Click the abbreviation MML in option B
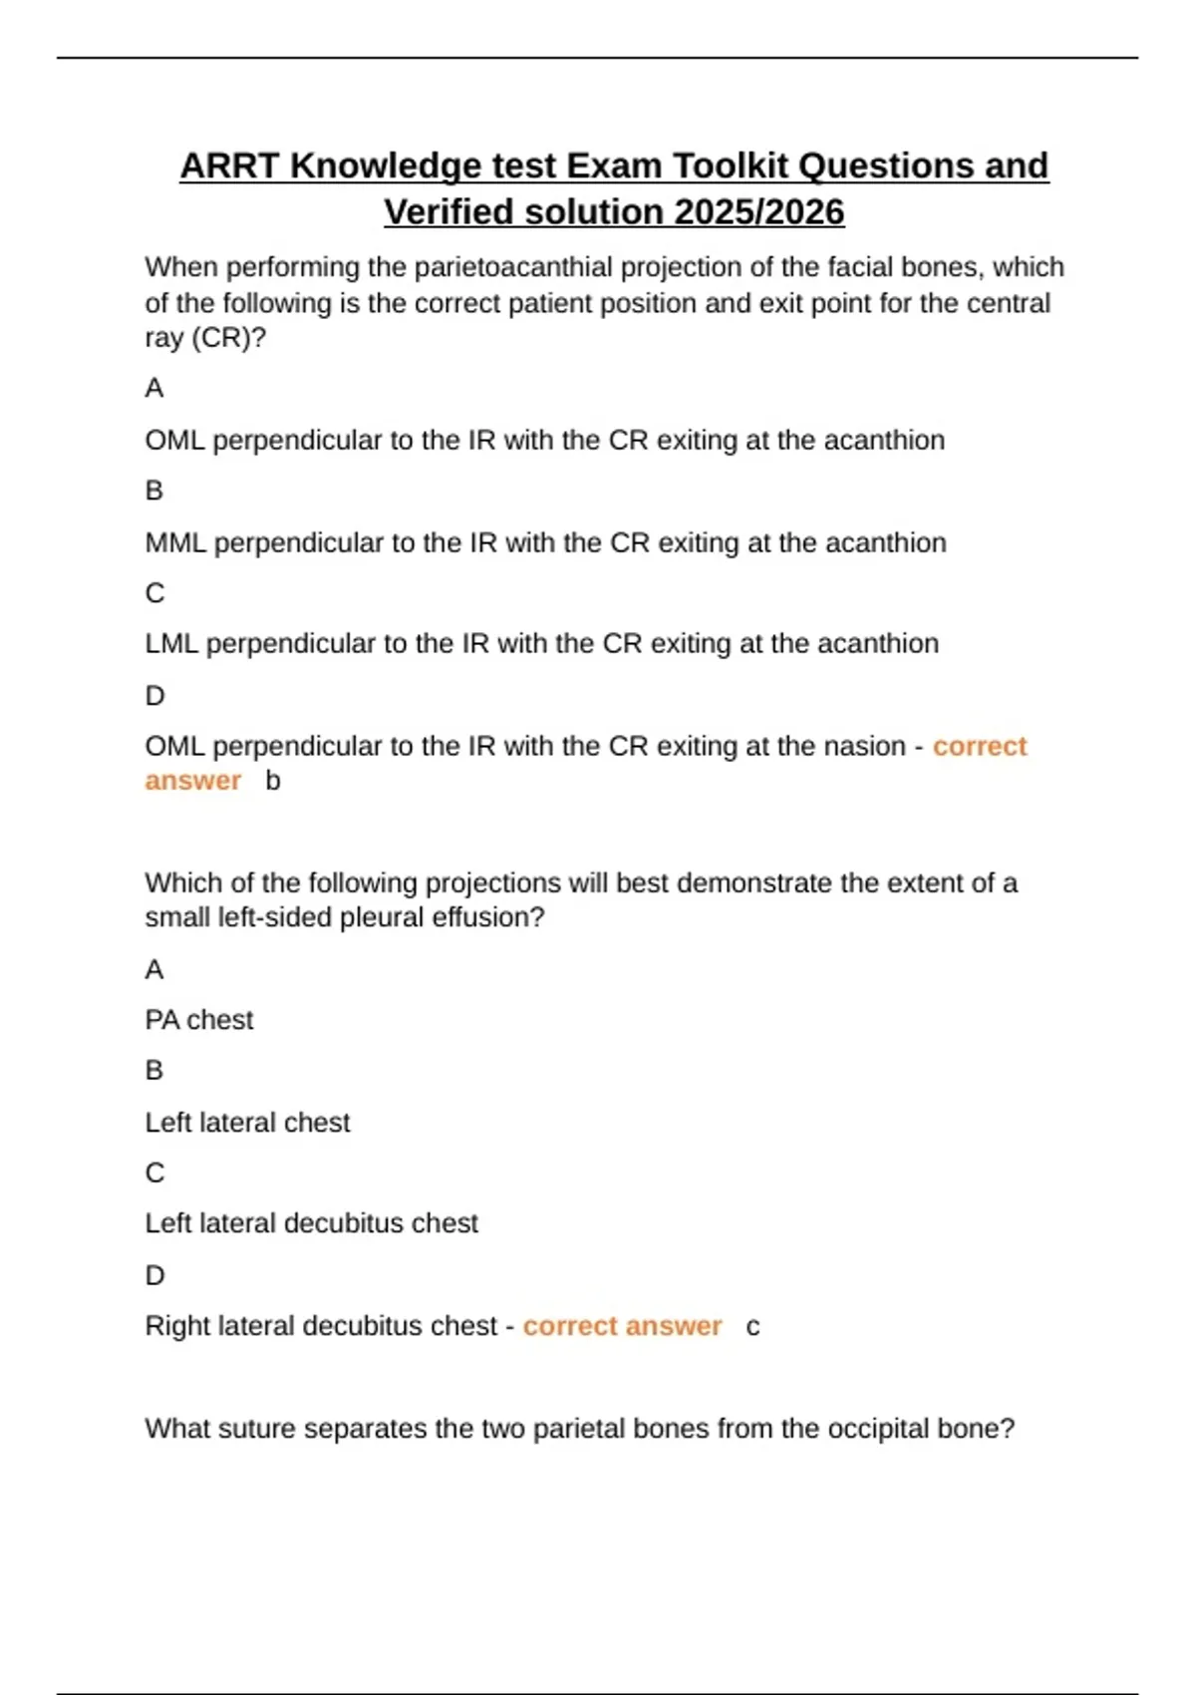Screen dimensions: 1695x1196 coord(175,542)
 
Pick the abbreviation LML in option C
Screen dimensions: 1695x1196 coord(171,644)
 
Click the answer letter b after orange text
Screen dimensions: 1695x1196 coord(273,781)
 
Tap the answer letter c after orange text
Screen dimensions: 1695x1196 coord(752,1327)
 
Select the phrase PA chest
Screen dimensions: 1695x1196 coord(199,1020)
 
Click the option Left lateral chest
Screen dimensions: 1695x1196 coord(247,1123)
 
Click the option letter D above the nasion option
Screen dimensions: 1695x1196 coord(154,696)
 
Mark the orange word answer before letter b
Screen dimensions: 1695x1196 coord(193,781)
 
